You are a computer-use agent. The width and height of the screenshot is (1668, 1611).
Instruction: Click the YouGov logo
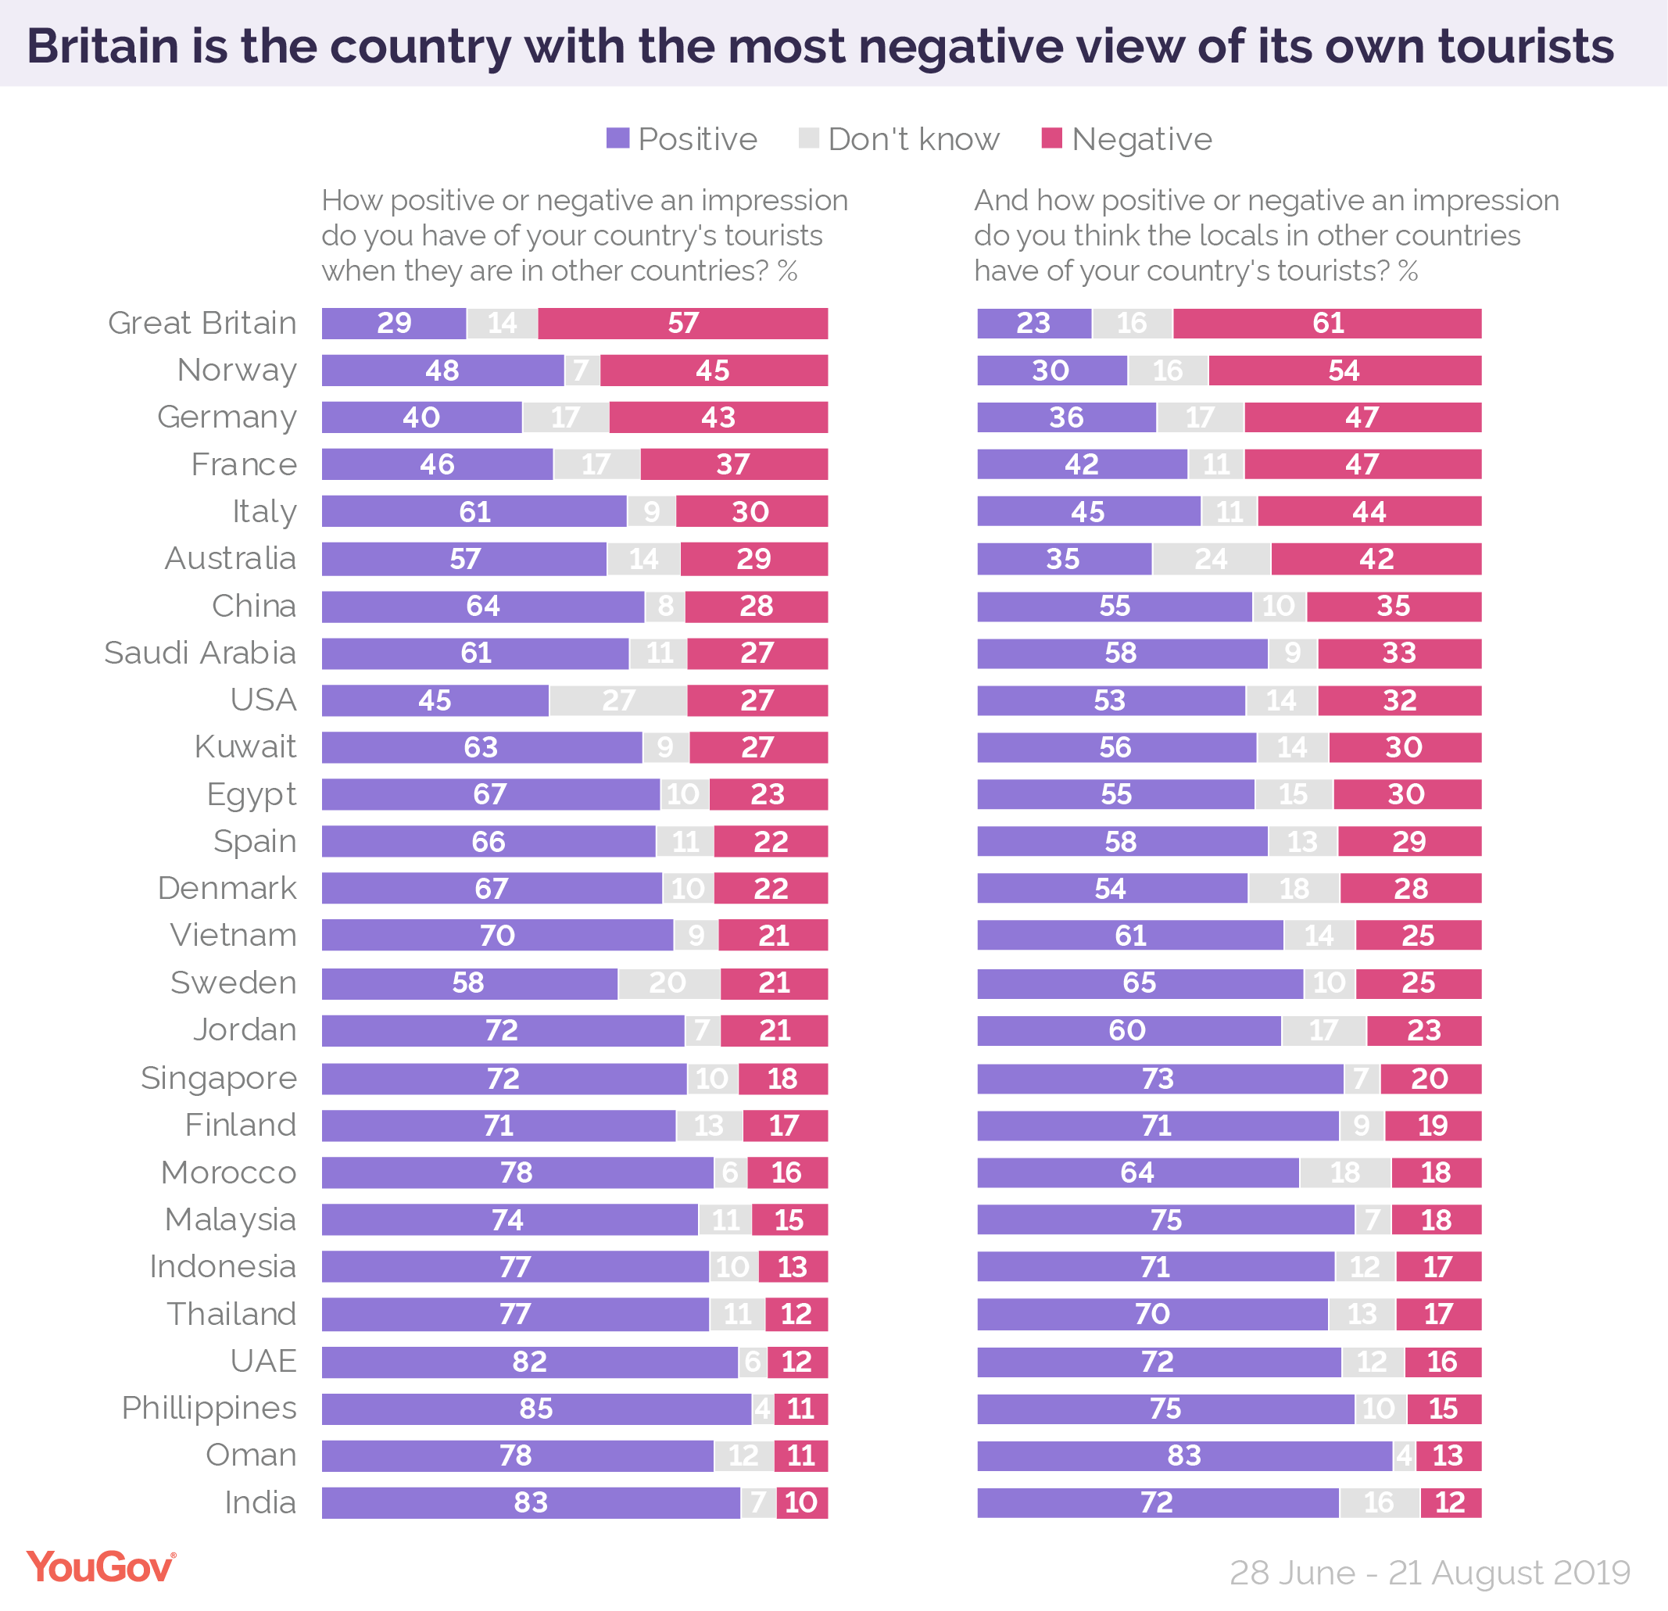pos(100,1567)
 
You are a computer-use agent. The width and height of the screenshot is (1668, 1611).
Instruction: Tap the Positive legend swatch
pos(617,138)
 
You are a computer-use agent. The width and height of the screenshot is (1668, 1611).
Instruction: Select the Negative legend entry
pos(1127,138)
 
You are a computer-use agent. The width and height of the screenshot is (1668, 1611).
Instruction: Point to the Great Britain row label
pos(202,324)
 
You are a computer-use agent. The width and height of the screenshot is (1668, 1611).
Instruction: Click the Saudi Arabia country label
pos(200,653)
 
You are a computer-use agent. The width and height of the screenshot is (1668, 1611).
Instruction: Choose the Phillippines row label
pos(209,1408)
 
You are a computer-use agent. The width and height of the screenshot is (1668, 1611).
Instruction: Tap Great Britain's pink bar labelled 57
pos(682,324)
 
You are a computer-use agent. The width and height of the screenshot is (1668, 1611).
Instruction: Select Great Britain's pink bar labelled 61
pos(1326,324)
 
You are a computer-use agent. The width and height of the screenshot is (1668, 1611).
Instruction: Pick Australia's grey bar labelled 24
pos(1211,559)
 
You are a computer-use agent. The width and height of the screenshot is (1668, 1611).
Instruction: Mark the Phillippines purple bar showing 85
pos(536,1409)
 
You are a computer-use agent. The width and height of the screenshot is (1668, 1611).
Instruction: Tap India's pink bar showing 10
pos(802,1502)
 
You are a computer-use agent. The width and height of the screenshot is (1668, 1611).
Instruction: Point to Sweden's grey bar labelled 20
pos(668,983)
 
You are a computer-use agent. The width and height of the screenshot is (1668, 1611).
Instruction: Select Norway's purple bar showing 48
pos(442,371)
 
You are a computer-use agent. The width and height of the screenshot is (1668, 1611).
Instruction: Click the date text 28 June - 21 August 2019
pos(1430,1573)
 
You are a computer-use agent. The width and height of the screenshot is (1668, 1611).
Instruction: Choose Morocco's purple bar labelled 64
pos(1137,1172)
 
